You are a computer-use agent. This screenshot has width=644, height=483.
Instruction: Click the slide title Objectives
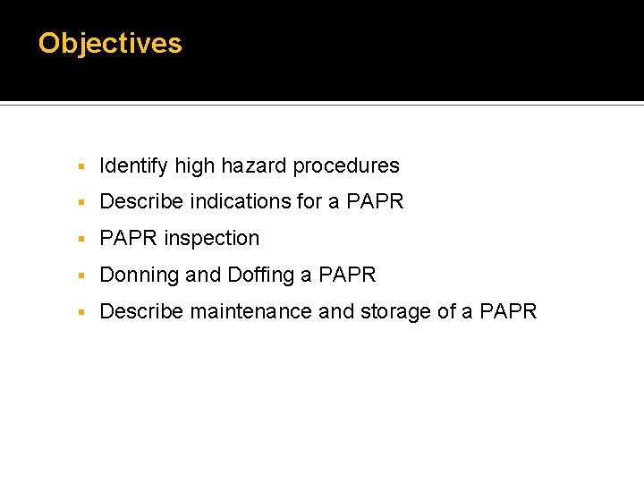tap(110, 43)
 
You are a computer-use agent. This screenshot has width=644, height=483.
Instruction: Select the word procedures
tap(346, 166)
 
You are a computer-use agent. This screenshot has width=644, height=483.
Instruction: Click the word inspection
tap(212, 239)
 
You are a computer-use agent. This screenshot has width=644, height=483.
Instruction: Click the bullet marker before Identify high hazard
tap(80, 167)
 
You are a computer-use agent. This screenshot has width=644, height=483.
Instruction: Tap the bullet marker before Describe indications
tap(80, 203)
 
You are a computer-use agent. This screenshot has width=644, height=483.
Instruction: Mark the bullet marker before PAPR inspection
tap(80, 240)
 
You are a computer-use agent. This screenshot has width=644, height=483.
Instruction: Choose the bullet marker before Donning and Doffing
tap(80, 276)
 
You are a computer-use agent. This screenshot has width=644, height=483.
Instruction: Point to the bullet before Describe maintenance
tap(80, 313)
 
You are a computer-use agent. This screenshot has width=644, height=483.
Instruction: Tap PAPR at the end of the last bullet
tap(508, 312)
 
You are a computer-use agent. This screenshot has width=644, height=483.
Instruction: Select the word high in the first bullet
tap(195, 165)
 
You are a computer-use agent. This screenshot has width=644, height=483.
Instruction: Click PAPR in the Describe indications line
tap(375, 202)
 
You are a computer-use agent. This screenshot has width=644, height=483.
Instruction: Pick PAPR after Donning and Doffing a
tap(347, 275)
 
